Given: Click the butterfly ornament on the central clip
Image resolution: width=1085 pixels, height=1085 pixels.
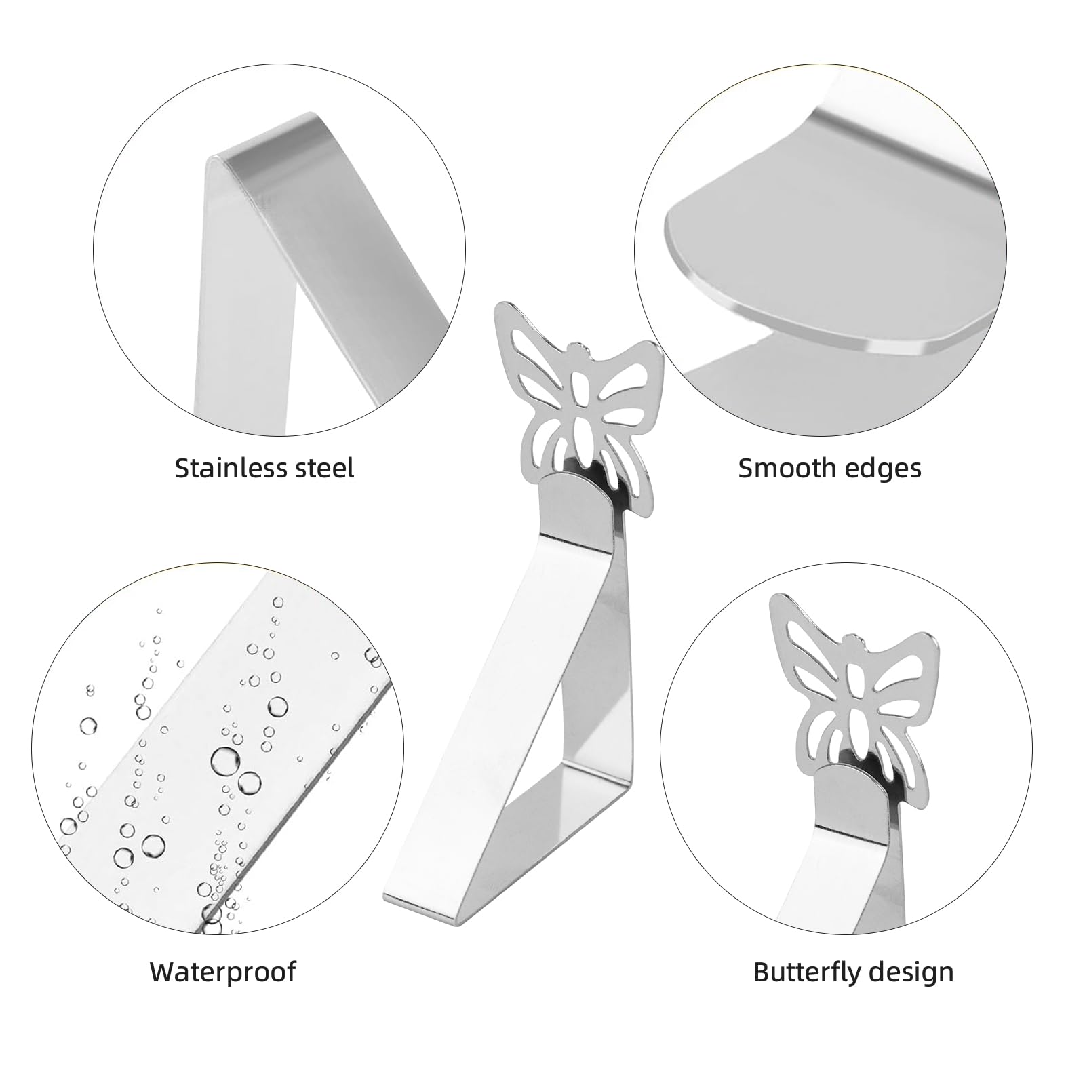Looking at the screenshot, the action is tap(577, 400).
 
